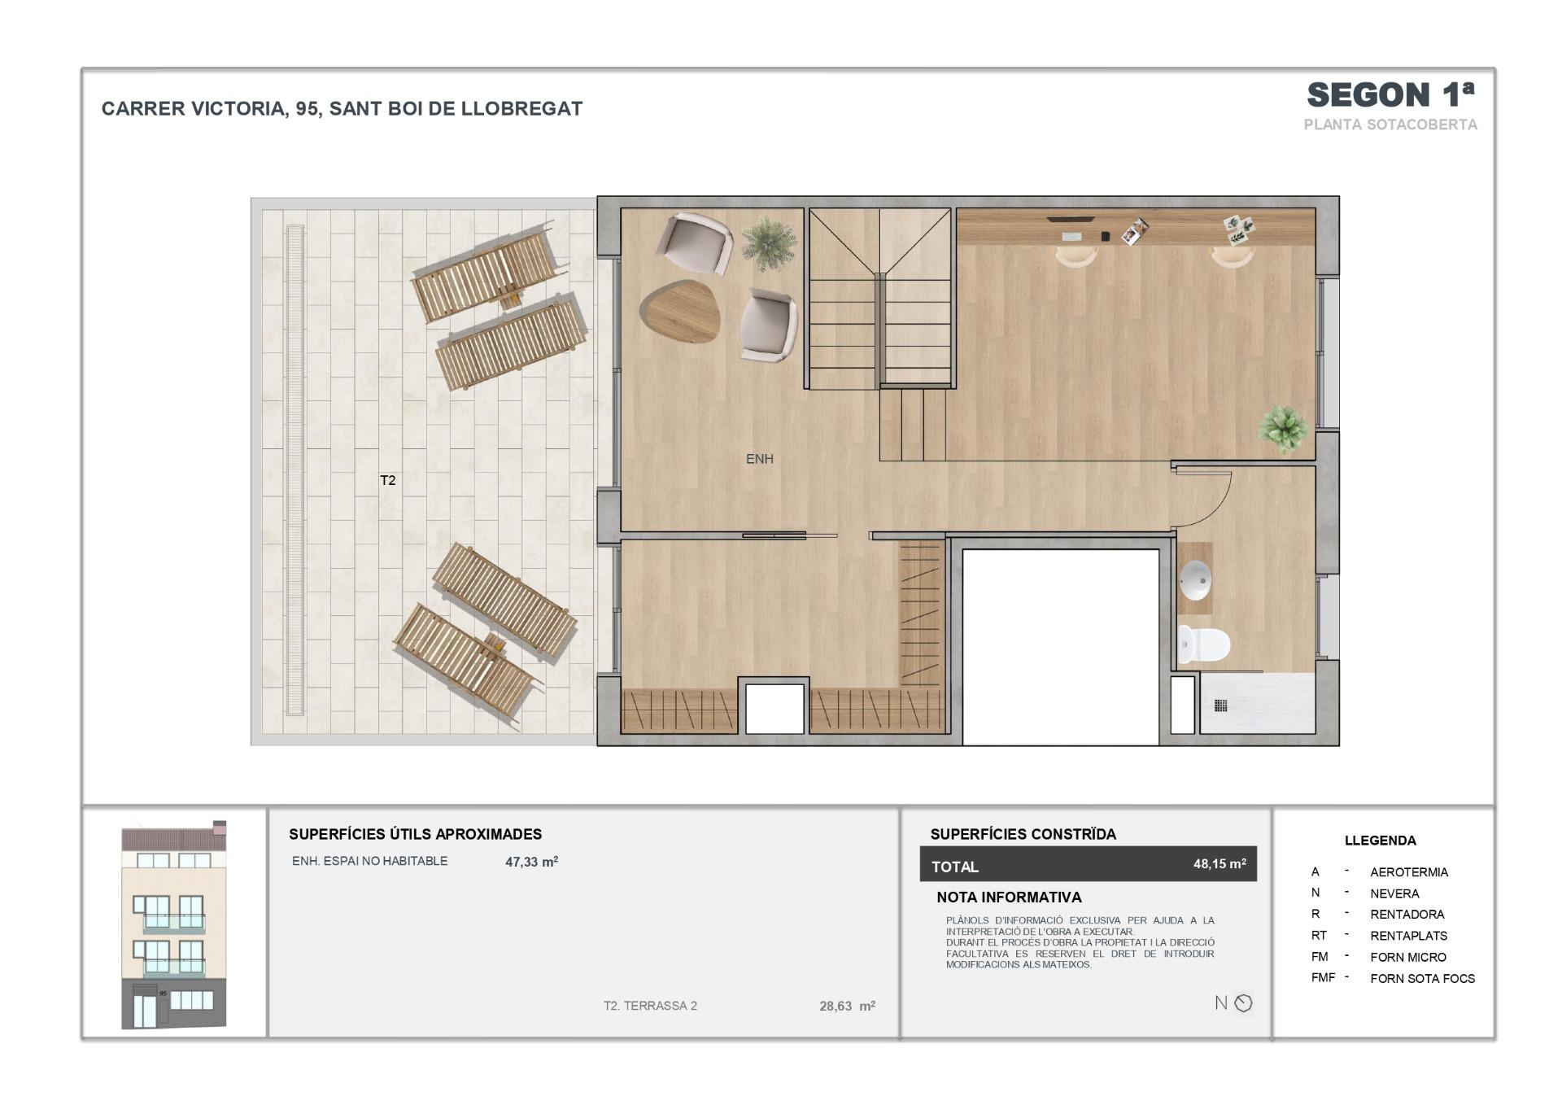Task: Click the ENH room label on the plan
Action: [x=759, y=459]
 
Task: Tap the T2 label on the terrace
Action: [x=388, y=480]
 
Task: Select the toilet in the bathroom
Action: [x=1204, y=644]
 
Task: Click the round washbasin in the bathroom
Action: [x=1195, y=579]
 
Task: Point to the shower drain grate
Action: [x=1220, y=705]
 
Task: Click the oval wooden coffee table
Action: [x=680, y=312]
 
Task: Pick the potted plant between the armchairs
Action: [x=769, y=242]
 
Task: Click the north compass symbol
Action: [x=1243, y=1003]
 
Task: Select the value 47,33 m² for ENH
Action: [x=531, y=862]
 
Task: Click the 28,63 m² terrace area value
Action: [x=847, y=1006]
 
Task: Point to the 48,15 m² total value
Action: [x=1219, y=864]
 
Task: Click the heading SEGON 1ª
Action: [x=1390, y=95]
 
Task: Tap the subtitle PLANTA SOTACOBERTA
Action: [x=1390, y=124]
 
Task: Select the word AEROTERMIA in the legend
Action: [x=1409, y=872]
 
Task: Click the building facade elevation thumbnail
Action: [x=174, y=924]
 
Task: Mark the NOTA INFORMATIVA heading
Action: [x=1009, y=898]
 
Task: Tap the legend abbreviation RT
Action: [x=1319, y=936]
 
